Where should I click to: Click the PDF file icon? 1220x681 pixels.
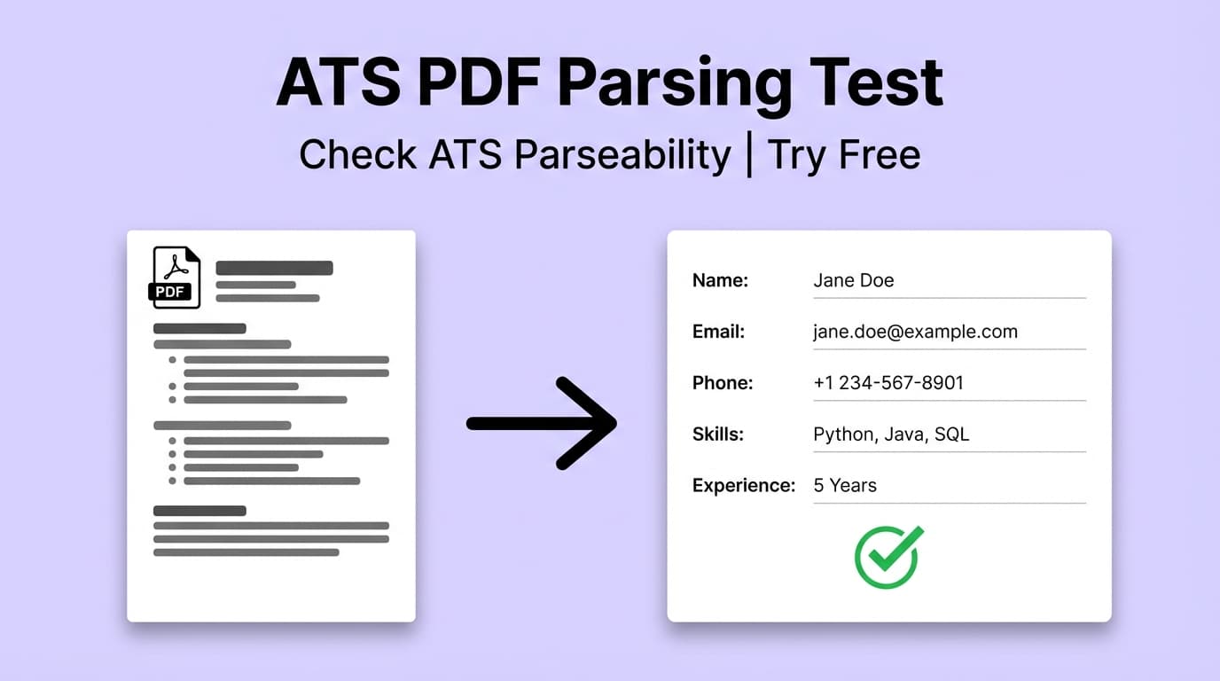pyautogui.click(x=175, y=278)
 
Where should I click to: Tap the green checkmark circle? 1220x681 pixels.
pyautogui.click(x=888, y=557)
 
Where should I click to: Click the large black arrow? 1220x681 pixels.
pyautogui.click(x=542, y=423)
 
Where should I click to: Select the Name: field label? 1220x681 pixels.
pyautogui.click(x=720, y=280)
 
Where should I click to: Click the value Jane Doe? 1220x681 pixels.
pyautogui.click(x=853, y=280)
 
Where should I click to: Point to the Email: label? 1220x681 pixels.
pyautogui.click(x=718, y=332)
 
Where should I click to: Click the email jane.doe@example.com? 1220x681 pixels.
pyautogui.click(x=915, y=332)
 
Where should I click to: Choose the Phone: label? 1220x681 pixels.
pyautogui.click(x=722, y=383)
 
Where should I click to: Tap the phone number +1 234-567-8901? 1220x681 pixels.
pyautogui.click(x=888, y=383)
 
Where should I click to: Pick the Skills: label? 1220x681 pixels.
pyautogui.click(x=717, y=434)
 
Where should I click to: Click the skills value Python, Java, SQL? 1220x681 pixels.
pyautogui.click(x=891, y=434)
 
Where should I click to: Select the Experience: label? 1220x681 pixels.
pyautogui.click(x=743, y=485)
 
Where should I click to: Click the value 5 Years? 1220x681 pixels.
pyautogui.click(x=845, y=485)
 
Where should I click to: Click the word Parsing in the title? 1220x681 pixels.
pyautogui.click(x=676, y=84)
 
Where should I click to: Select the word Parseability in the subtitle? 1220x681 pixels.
pyautogui.click(x=622, y=155)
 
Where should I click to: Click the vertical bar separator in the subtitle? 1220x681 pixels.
pyautogui.click(x=749, y=154)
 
